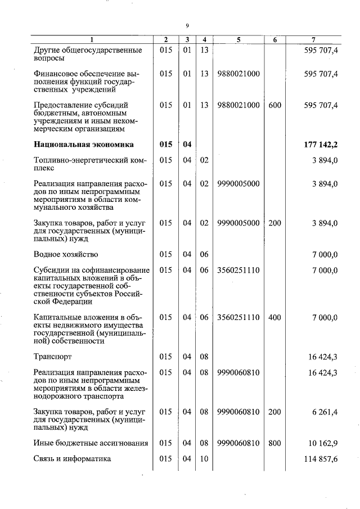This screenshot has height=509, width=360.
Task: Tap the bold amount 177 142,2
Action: point(321,145)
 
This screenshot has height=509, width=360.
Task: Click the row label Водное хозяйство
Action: point(66,254)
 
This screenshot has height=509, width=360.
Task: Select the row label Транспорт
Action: point(53,357)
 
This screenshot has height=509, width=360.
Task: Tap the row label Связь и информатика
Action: point(73,459)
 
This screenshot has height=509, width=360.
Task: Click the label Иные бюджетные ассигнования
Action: point(91,443)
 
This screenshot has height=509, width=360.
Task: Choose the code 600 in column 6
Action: point(274,105)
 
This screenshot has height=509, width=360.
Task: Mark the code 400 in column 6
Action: point(274,317)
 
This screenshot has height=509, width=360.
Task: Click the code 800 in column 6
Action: point(274,443)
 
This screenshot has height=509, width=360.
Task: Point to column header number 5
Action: point(238,40)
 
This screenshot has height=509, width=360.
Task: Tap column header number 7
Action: point(313,40)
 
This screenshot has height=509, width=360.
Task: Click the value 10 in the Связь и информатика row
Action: point(204,459)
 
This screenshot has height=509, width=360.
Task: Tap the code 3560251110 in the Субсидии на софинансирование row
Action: point(238,270)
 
